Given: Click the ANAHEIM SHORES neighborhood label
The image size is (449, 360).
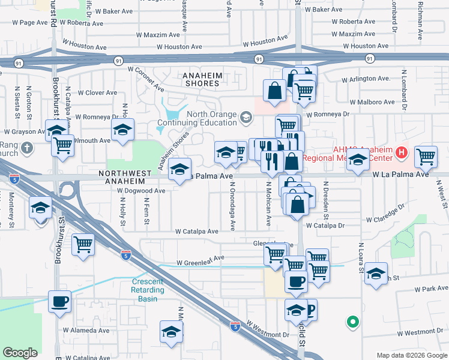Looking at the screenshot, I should (205, 79).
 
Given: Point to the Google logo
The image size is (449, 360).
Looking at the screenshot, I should (20, 353).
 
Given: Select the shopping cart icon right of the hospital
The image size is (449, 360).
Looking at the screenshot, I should (426, 157).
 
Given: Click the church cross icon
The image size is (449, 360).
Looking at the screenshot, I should (27, 148).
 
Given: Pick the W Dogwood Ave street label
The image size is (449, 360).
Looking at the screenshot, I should (141, 191).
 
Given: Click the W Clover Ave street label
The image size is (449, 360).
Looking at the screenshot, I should (92, 92).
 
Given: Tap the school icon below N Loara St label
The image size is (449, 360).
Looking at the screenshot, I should (376, 274).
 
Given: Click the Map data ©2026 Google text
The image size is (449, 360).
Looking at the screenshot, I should (411, 355).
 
